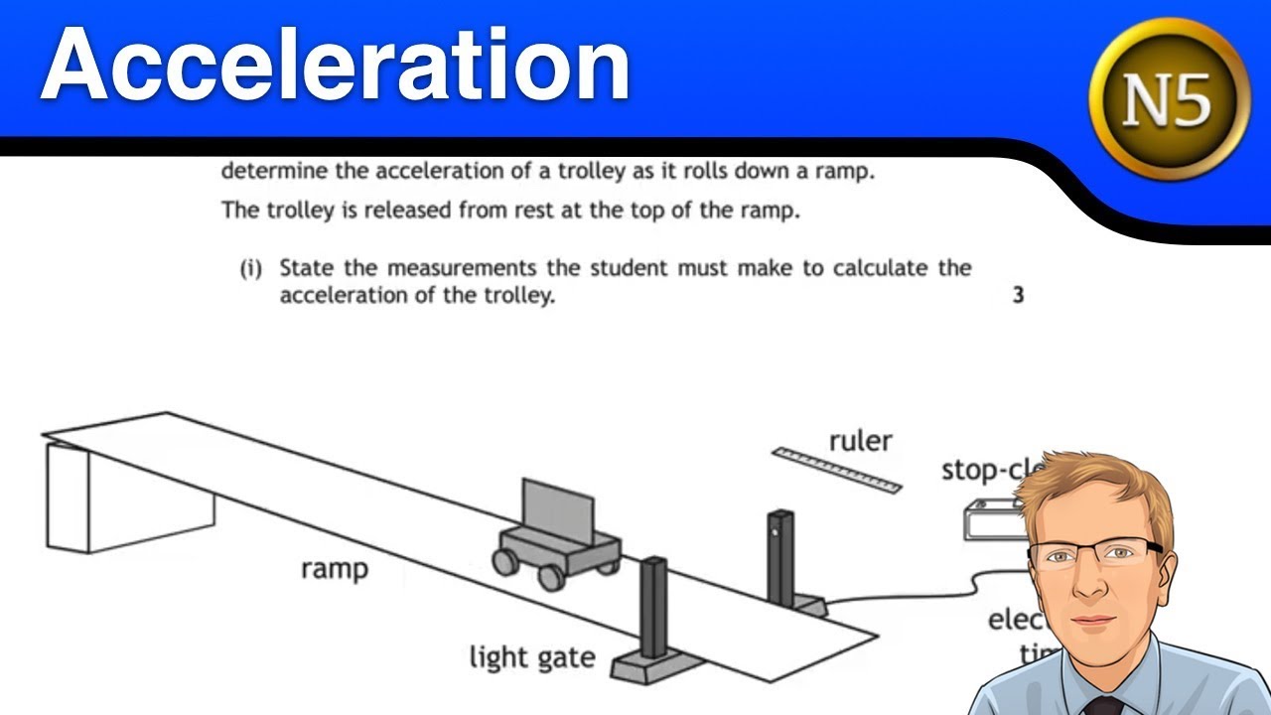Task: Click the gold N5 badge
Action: pyautogui.click(x=1169, y=98)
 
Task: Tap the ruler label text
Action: pyautogui.click(x=860, y=440)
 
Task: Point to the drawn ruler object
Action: pyautogui.click(x=837, y=470)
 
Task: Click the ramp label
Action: pyautogui.click(x=335, y=569)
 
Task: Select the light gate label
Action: pyautogui.click(x=532, y=656)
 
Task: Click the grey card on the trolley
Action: pyautogui.click(x=557, y=509)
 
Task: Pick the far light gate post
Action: pyautogui.click(x=779, y=556)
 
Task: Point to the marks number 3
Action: pyautogui.click(x=1018, y=295)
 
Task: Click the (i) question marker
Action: pyautogui.click(x=249, y=269)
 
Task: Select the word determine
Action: pyautogui.click(x=273, y=171)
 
